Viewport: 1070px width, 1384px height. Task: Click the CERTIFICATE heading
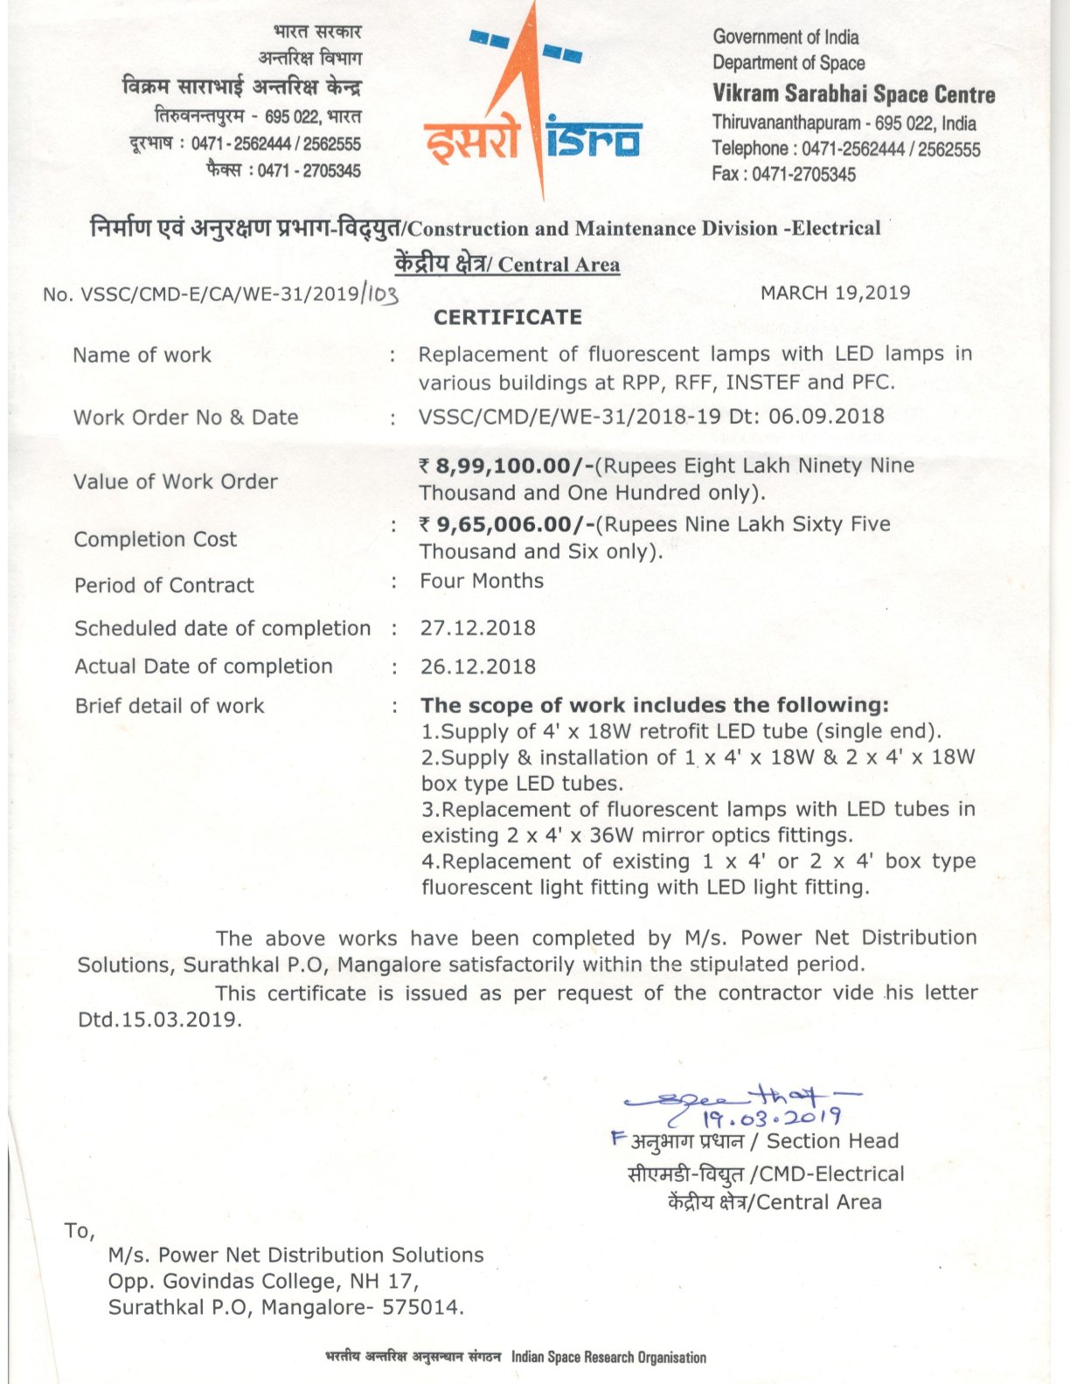(507, 317)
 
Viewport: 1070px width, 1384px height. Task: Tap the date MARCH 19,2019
(835, 293)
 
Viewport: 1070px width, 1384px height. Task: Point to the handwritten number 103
(382, 294)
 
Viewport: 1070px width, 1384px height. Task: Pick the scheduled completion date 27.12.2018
(477, 628)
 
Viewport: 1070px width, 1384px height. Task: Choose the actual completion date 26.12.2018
(477, 667)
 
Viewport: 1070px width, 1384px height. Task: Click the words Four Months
(482, 581)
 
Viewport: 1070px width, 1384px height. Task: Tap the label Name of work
(142, 355)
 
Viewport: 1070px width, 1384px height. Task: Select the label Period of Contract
(163, 585)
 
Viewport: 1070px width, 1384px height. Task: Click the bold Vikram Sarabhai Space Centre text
(853, 94)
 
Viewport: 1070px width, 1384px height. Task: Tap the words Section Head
(832, 1141)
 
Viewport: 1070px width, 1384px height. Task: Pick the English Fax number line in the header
(783, 174)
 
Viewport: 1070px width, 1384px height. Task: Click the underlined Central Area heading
(559, 265)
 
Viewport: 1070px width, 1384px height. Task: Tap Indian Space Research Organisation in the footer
(608, 1357)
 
